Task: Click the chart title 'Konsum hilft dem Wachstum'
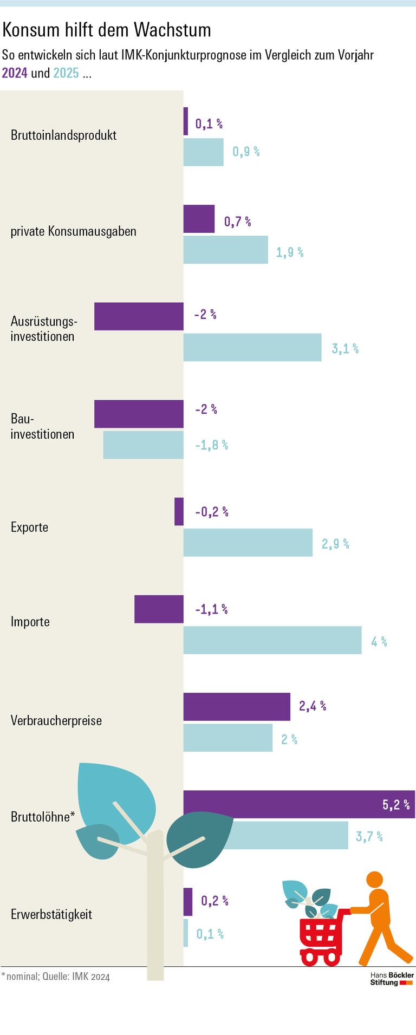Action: coord(107,30)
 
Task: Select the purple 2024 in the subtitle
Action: coord(15,73)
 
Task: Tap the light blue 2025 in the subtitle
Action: coord(66,73)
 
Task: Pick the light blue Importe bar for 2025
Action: coord(272,640)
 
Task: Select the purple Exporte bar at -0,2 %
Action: coord(179,511)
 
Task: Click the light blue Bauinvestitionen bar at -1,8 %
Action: coord(143,445)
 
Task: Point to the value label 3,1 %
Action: coord(345,348)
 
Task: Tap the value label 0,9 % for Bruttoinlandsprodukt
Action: coord(246,152)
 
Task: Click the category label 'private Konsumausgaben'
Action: coord(74,231)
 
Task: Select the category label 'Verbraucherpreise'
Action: coord(56,721)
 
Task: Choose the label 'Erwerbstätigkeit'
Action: coord(51,915)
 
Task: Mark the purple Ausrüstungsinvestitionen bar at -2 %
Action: coord(139,316)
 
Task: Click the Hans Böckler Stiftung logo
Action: coord(392,979)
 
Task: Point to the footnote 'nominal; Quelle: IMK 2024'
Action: coord(57,977)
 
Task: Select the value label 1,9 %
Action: coord(290,252)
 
